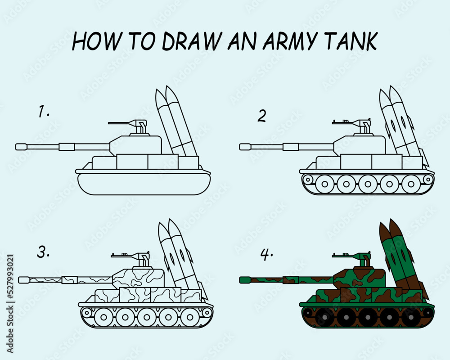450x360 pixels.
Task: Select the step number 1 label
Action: click(x=43, y=112)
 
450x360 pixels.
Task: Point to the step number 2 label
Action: click(x=261, y=116)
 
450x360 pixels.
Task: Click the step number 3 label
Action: click(x=43, y=252)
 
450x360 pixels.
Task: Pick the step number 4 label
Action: click(x=266, y=255)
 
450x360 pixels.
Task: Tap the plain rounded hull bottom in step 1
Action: click(x=144, y=184)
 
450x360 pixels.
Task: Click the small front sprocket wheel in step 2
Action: click(x=308, y=180)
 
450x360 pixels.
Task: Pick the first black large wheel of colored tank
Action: click(x=324, y=317)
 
